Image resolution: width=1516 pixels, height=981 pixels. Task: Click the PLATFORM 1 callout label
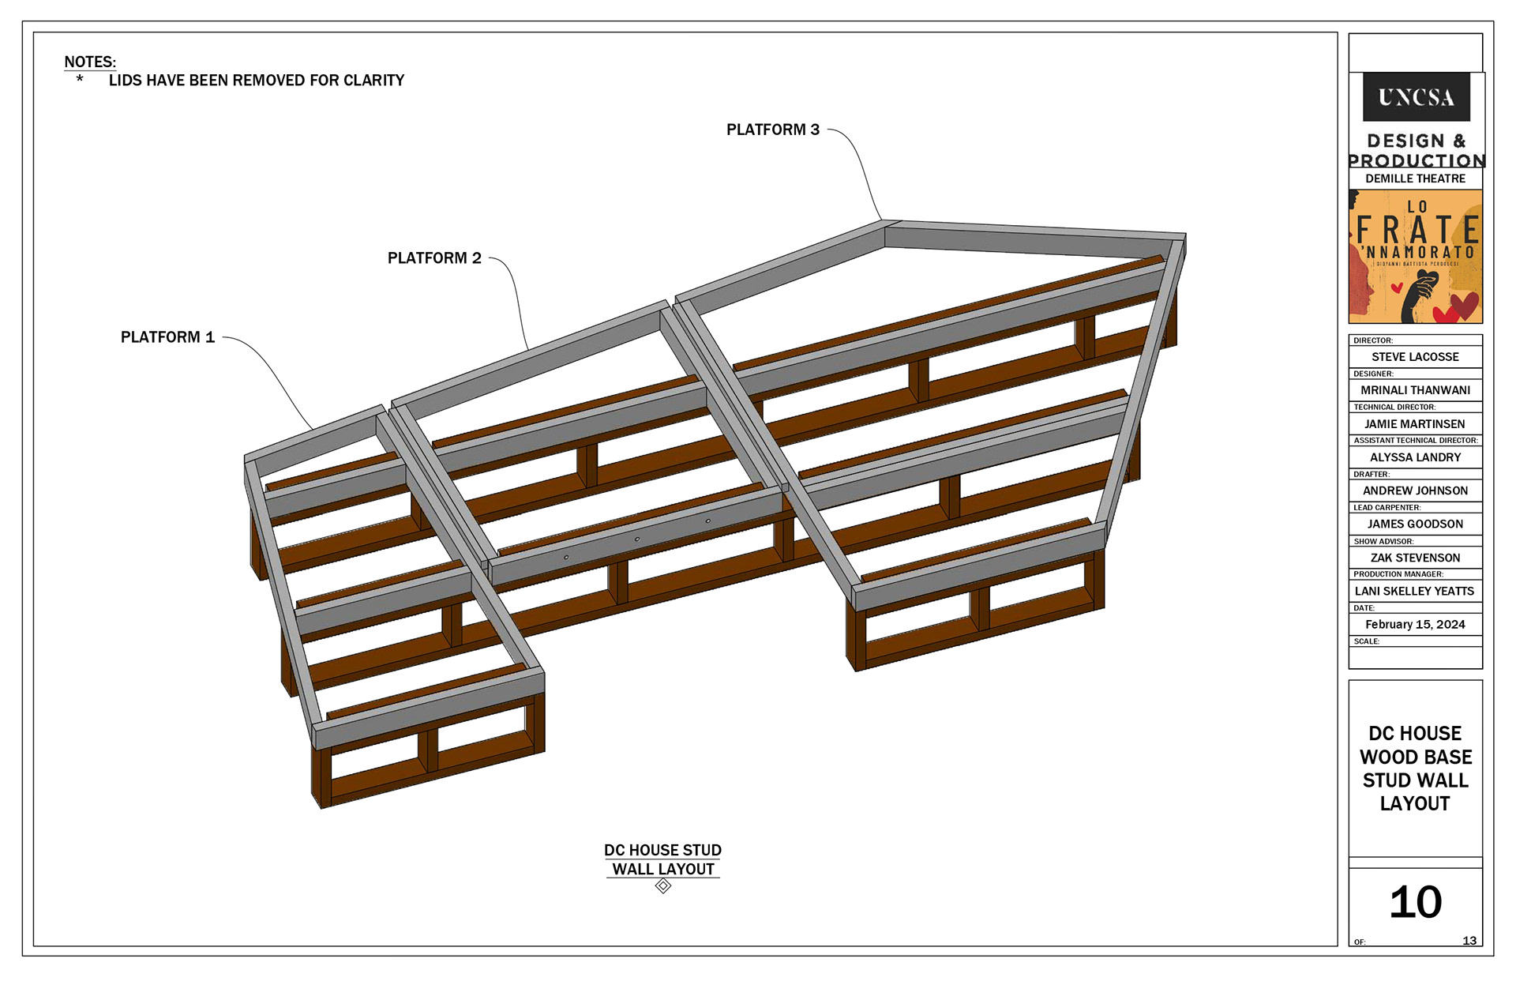click(x=167, y=337)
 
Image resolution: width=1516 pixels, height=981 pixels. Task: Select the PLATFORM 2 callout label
click(x=434, y=258)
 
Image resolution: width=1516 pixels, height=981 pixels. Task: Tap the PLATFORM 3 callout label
click(x=773, y=130)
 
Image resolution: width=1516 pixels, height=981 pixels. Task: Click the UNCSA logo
click(x=1416, y=97)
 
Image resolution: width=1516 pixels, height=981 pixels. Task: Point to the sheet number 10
click(x=1416, y=902)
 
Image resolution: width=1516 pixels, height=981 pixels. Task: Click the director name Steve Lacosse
click(x=1415, y=357)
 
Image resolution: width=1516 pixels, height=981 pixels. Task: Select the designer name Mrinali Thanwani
click(x=1415, y=390)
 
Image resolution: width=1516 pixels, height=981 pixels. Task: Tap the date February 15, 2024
click(x=1415, y=625)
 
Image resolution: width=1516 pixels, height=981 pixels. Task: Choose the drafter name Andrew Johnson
click(x=1415, y=490)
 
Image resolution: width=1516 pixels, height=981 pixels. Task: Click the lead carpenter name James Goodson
click(x=1415, y=524)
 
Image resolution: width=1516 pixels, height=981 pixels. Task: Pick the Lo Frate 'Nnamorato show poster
click(x=1415, y=256)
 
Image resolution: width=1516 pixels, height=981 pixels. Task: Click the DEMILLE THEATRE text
click(x=1415, y=179)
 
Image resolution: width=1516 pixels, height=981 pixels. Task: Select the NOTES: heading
click(x=90, y=62)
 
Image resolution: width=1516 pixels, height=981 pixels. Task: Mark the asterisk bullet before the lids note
click(x=80, y=79)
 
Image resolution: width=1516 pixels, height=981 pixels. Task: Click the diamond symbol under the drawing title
click(x=663, y=886)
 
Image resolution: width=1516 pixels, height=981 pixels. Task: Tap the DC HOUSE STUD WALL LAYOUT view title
click(x=663, y=859)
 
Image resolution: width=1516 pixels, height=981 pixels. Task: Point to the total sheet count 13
click(x=1469, y=941)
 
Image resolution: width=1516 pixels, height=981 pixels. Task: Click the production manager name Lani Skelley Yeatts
click(x=1415, y=591)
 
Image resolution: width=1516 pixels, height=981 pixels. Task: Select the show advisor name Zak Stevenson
click(x=1415, y=558)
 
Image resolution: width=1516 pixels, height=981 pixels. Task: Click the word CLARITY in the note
click(x=373, y=81)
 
